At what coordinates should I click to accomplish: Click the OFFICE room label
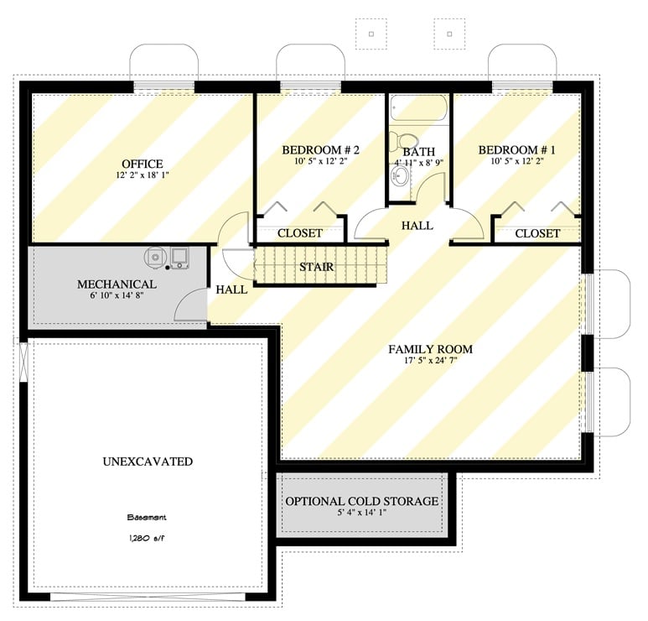pos(142,164)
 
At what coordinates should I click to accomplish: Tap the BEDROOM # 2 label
pos(320,150)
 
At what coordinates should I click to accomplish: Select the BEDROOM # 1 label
pos(516,150)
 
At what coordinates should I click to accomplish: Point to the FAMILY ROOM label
pos(430,349)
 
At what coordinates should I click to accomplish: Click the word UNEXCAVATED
pos(148,462)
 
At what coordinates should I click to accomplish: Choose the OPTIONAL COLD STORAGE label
pos(361,501)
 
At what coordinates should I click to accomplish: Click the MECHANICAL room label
pos(117,284)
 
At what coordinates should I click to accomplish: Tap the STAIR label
pos(317,268)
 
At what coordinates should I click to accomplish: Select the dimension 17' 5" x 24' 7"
pos(430,362)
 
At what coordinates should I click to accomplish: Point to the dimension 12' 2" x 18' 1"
pos(142,176)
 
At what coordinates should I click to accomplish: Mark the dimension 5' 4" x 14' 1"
pos(361,514)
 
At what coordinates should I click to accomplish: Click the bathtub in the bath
pos(418,110)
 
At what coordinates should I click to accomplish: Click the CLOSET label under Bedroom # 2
pos(300,233)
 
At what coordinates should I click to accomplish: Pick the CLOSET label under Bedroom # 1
pos(537,233)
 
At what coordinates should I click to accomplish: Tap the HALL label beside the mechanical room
pos(231,290)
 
